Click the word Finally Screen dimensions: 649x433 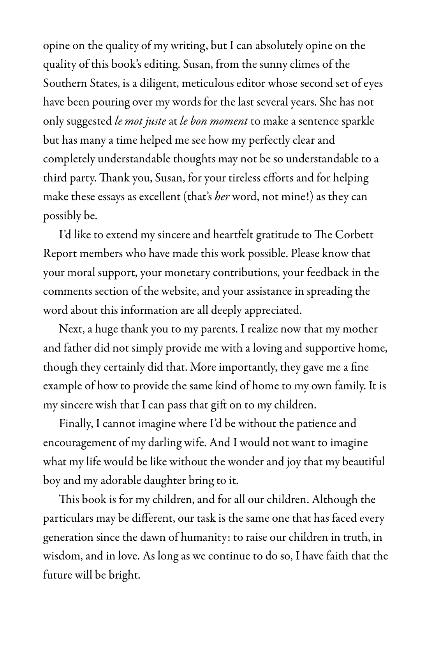click(x=76, y=424)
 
